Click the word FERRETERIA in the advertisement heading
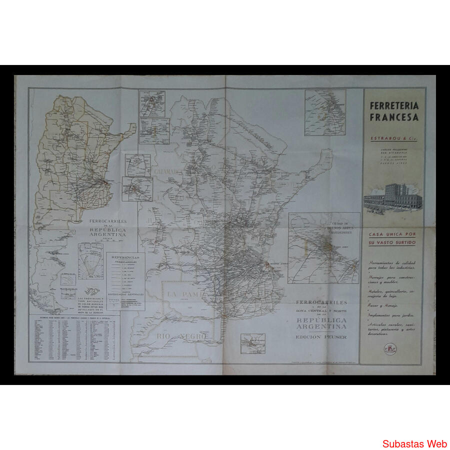pos(394,106)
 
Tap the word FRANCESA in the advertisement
pos(394,117)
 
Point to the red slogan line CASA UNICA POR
pos(393,234)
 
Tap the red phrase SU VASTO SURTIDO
pos(393,242)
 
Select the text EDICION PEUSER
pos(321,336)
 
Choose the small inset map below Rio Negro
pos(252,343)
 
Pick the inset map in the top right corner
pos(325,112)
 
